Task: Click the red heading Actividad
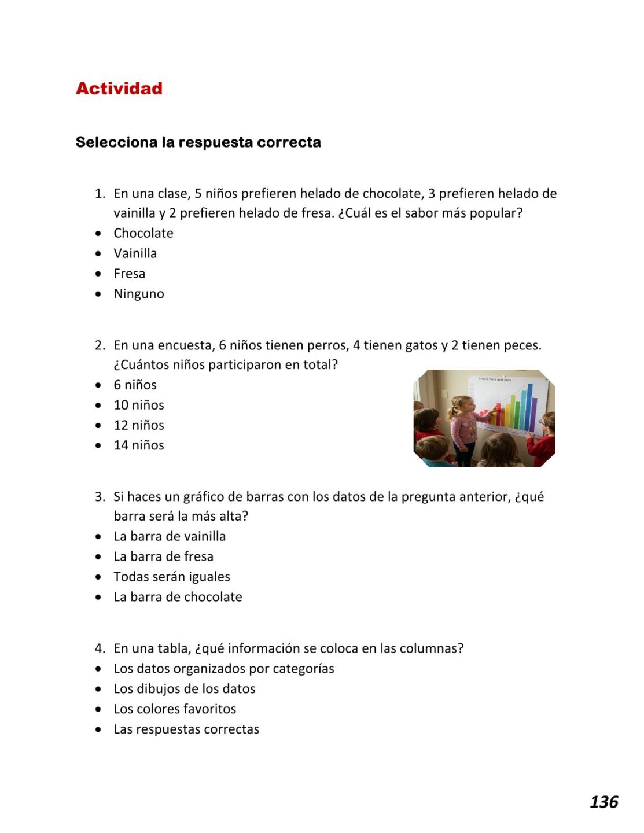(x=119, y=89)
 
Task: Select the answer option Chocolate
(x=143, y=233)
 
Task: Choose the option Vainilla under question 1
(x=135, y=253)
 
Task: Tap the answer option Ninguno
(x=138, y=294)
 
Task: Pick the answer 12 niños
(x=138, y=425)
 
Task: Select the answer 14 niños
(x=138, y=445)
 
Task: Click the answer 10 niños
(x=138, y=405)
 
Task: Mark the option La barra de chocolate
(x=178, y=597)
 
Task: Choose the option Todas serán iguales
(x=171, y=577)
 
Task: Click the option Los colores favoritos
(x=175, y=709)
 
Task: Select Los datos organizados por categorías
(x=223, y=669)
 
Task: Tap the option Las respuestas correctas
(x=186, y=729)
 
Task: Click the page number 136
(x=603, y=802)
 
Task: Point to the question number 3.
(x=100, y=497)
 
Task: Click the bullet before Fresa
(x=99, y=274)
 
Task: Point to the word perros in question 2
(x=330, y=345)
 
